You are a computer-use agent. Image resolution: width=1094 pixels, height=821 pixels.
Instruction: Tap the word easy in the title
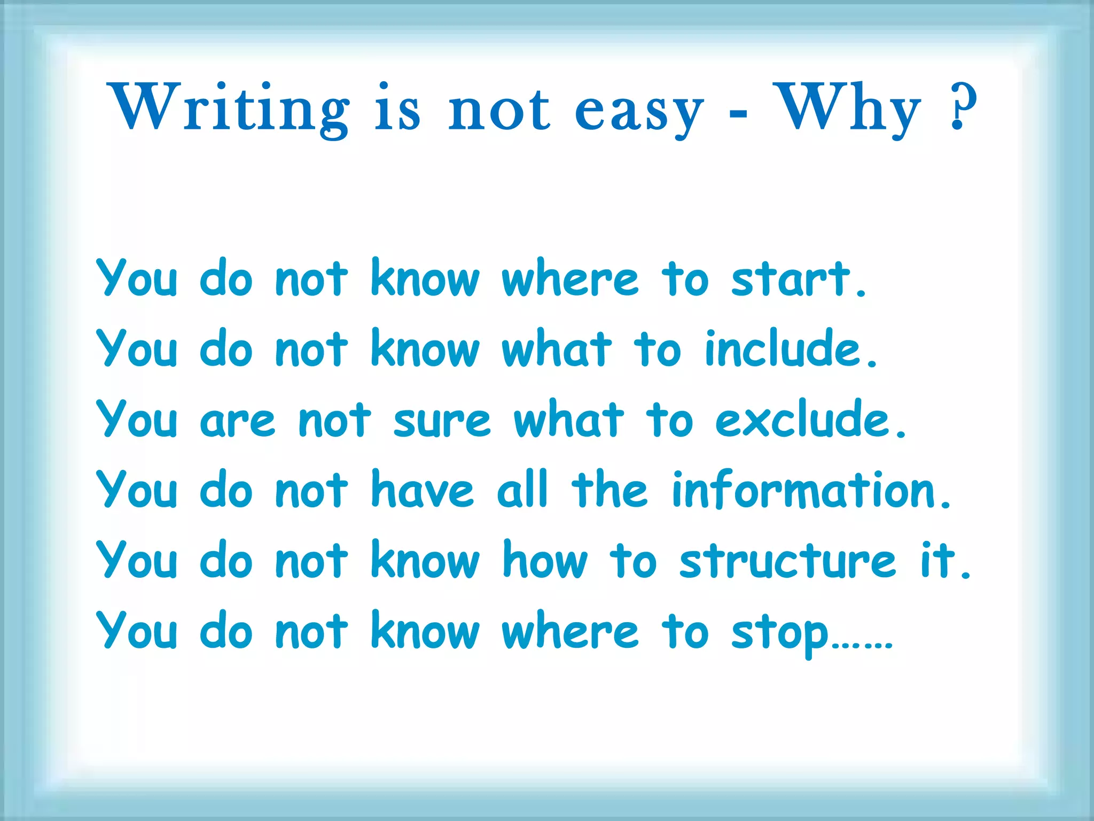pyautogui.click(x=639, y=112)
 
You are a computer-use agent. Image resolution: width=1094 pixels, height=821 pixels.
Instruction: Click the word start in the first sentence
pyautogui.click(x=791, y=279)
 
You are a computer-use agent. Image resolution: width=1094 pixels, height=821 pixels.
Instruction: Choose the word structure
pyautogui.click(x=787, y=561)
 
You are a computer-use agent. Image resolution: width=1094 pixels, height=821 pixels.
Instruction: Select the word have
pyautogui.click(x=422, y=491)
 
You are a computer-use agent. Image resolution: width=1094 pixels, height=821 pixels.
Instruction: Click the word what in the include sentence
pyautogui.click(x=556, y=350)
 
